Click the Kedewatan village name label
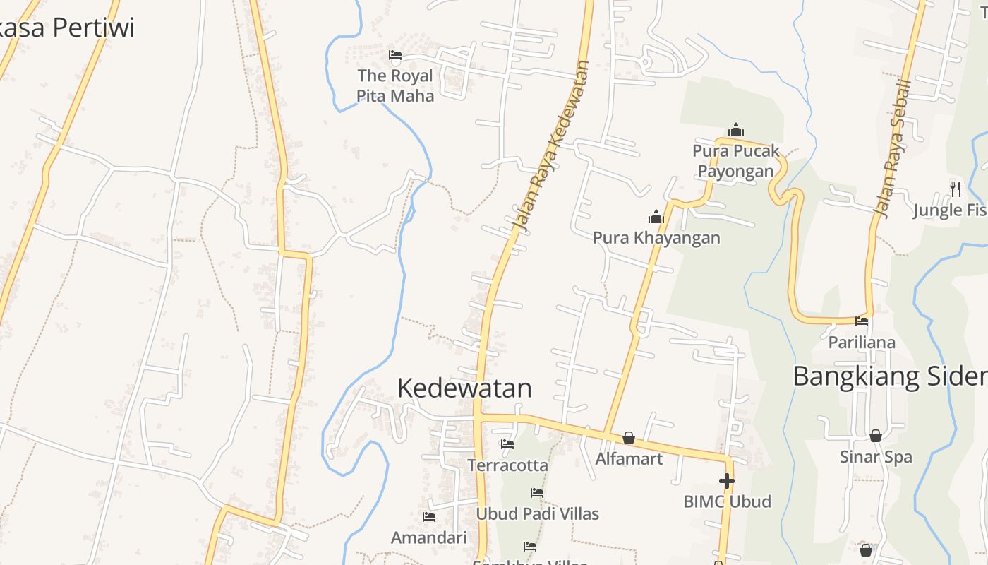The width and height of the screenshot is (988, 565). pyautogui.click(x=464, y=388)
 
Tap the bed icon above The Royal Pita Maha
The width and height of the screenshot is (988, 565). pyautogui.click(x=395, y=55)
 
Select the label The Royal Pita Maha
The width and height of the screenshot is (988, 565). pyautogui.click(x=395, y=85)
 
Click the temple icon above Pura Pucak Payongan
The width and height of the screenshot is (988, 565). pyautogui.click(x=736, y=130)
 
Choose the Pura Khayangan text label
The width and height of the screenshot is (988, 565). pyautogui.click(x=656, y=237)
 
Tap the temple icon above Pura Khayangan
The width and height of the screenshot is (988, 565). pyautogui.click(x=656, y=217)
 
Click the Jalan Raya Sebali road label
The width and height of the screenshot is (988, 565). pyautogui.click(x=893, y=148)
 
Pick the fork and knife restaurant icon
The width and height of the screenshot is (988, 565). pyautogui.click(x=956, y=189)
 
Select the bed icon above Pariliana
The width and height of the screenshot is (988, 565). pyautogui.click(x=862, y=321)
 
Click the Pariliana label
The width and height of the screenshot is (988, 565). pyautogui.click(x=862, y=343)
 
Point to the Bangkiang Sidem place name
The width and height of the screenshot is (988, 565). pyautogui.click(x=889, y=376)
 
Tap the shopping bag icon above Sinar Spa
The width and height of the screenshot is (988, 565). pyautogui.click(x=876, y=436)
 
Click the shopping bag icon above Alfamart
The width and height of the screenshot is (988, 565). pyautogui.click(x=629, y=438)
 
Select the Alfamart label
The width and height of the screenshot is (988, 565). pyautogui.click(x=629, y=459)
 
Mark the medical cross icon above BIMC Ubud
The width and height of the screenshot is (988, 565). pyautogui.click(x=727, y=481)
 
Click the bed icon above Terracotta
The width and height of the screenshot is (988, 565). pyautogui.click(x=507, y=444)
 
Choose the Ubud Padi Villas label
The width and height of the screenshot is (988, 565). pyautogui.click(x=537, y=513)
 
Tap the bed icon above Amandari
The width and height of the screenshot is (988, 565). pyautogui.click(x=428, y=517)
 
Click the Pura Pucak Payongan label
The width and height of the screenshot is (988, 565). pyautogui.click(x=736, y=161)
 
